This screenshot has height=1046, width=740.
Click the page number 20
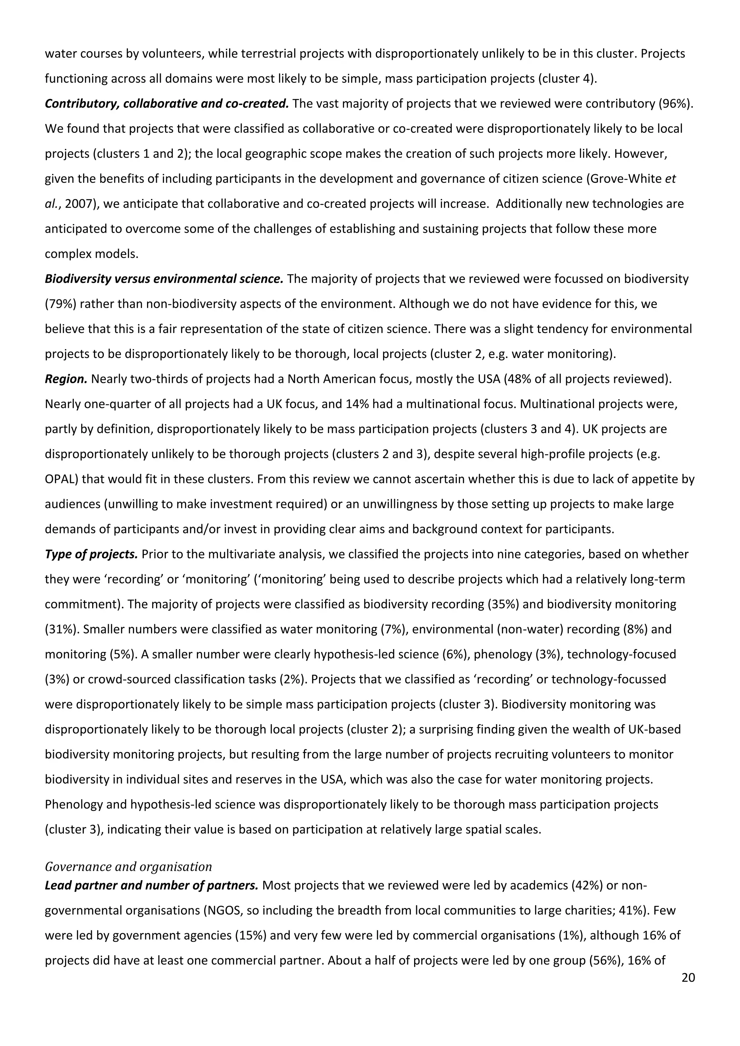coord(688,978)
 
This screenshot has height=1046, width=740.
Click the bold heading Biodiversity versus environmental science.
coord(164,279)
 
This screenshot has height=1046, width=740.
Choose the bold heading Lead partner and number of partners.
coord(152,885)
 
